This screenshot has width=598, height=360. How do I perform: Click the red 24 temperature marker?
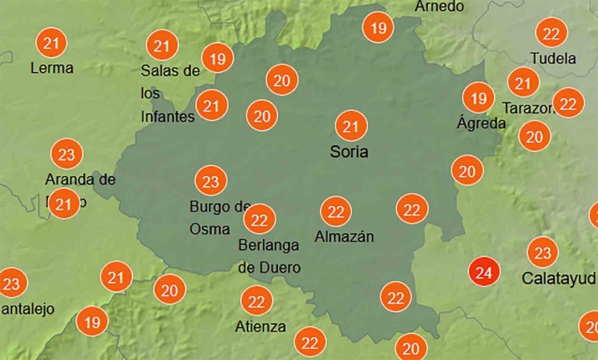[483, 272]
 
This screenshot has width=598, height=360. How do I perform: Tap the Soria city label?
[349, 153]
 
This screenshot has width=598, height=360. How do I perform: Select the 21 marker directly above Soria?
[352, 127]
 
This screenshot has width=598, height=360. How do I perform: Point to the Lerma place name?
[51, 67]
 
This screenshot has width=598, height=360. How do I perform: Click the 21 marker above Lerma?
[52, 42]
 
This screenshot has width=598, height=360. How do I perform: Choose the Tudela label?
[554, 59]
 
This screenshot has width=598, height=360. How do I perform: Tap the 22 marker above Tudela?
[551, 34]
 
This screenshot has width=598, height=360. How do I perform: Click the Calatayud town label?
[559, 277]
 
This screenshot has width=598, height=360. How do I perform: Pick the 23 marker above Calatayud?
[543, 253]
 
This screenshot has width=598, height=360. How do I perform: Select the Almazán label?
[343, 237]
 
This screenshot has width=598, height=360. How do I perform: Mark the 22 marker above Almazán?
[337, 211]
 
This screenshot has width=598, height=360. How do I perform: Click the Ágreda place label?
[481, 123]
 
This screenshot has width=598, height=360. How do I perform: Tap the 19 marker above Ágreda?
[478, 98]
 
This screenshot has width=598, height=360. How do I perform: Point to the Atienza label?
[261, 326]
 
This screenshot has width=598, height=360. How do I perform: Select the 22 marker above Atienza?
[256, 300]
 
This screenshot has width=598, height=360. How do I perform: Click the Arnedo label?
[439, 7]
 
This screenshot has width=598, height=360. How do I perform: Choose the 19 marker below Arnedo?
[378, 28]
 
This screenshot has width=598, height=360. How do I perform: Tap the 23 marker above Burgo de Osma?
[210, 180]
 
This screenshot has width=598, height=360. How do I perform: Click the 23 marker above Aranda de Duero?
[67, 154]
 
